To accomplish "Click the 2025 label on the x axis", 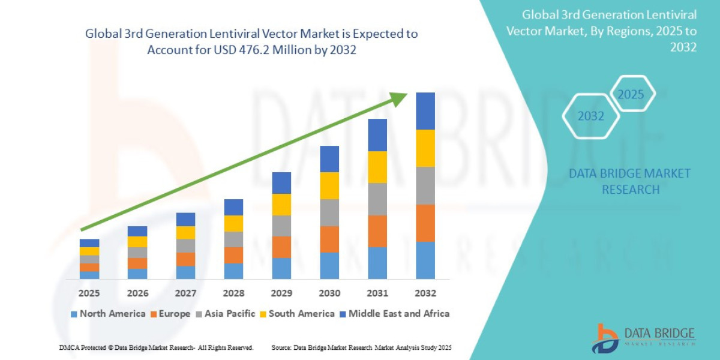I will click(x=89, y=293).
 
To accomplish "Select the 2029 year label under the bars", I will click(x=281, y=293).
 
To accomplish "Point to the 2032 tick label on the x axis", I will click(x=425, y=293).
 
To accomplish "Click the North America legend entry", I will click(x=108, y=314).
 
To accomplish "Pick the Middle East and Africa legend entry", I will click(x=394, y=314).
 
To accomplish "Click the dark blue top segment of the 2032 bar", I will click(x=425, y=111).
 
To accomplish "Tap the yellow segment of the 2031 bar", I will click(x=377, y=167).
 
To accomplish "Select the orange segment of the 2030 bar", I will click(x=329, y=239).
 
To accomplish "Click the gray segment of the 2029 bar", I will click(x=281, y=226).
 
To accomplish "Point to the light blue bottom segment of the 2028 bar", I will click(x=233, y=271).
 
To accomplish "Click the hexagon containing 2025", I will click(x=631, y=94).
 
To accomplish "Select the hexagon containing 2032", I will click(x=590, y=116).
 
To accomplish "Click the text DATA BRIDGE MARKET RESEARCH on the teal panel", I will click(x=629, y=181).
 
